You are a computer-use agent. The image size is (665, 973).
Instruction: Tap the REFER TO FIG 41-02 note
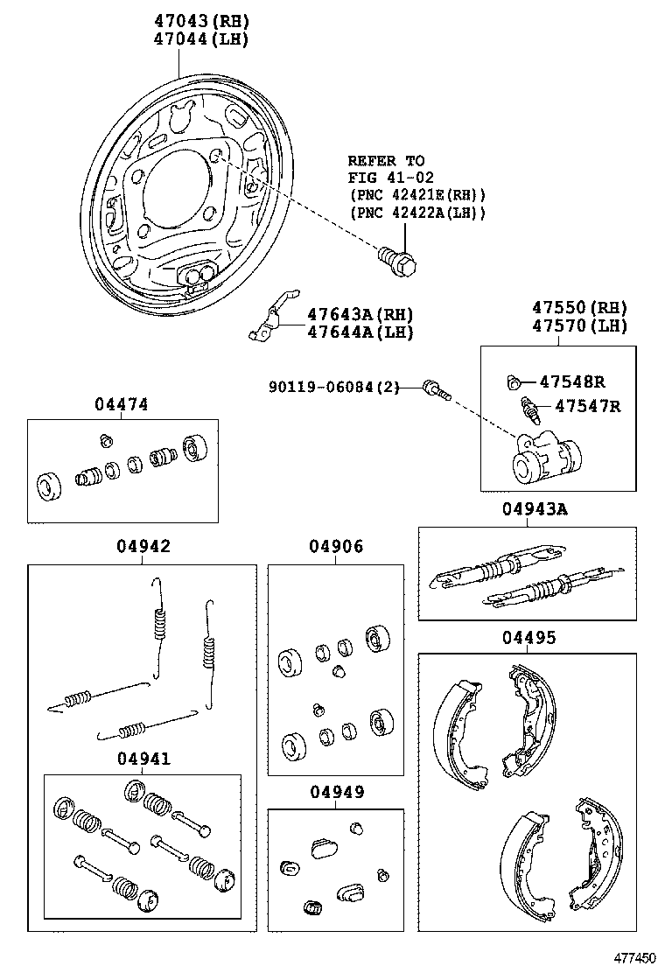click(386, 169)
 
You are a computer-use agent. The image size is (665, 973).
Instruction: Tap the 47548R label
click(573, 381)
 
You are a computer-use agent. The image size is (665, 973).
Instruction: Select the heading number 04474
click(122, 404)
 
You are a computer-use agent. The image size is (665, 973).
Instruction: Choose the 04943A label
click(534, 509)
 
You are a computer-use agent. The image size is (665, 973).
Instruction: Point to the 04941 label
click(143, 759)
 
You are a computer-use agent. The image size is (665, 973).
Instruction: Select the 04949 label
click(336, 793)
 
